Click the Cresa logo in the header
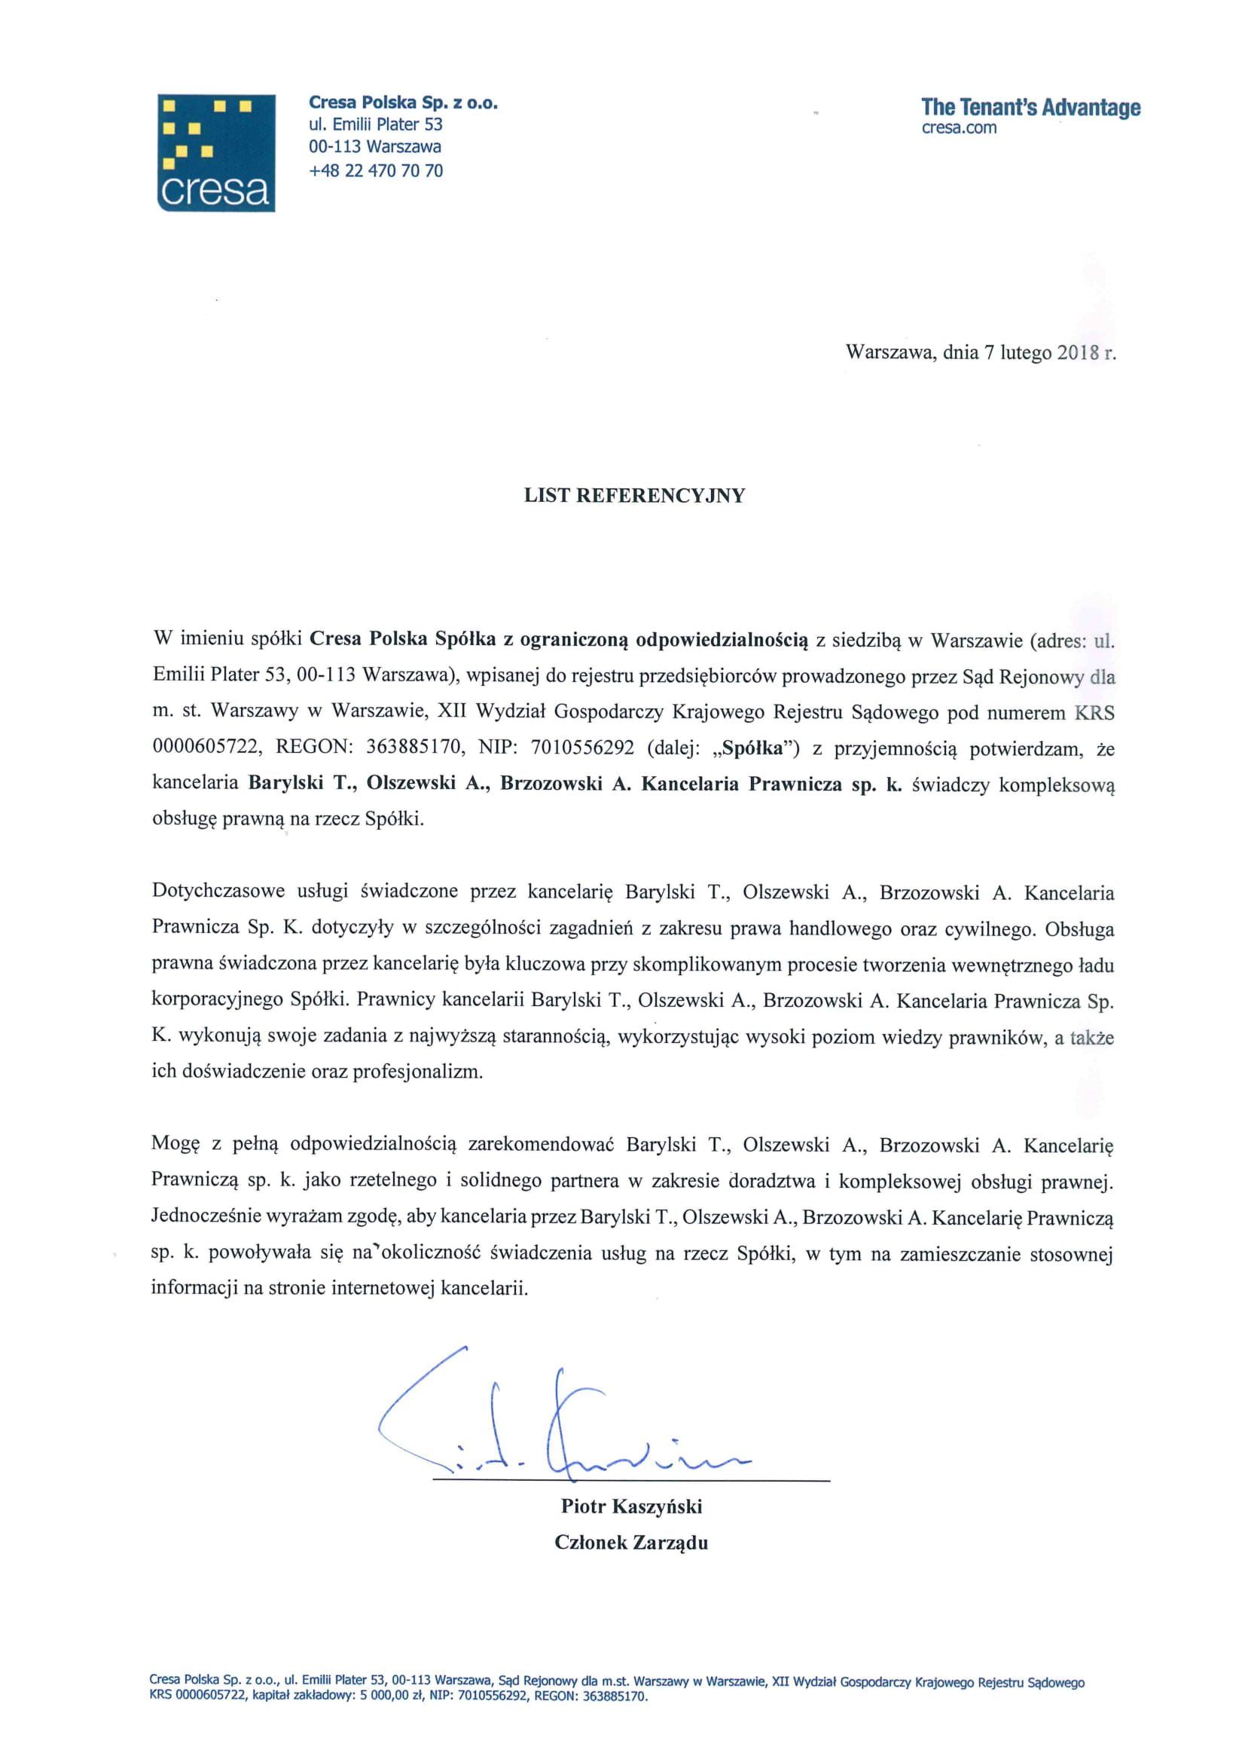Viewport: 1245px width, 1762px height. (216, 153)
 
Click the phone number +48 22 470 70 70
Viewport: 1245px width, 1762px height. (376, 170)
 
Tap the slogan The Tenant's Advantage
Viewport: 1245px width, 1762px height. (1030, 108)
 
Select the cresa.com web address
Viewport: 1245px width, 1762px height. (959, 128)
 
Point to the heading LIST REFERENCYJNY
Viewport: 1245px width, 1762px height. (634, 496)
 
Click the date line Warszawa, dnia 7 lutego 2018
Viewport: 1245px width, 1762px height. (981, 352)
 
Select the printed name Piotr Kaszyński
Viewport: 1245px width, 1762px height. (631, 1506)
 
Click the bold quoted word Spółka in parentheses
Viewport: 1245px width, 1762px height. (752, 748)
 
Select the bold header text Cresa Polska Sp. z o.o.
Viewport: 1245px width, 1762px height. (404, 102)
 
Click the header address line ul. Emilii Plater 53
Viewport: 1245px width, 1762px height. (376, 124)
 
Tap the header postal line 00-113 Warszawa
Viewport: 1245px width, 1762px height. (375, 146)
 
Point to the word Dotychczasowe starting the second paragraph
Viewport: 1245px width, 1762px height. (218, 891)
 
